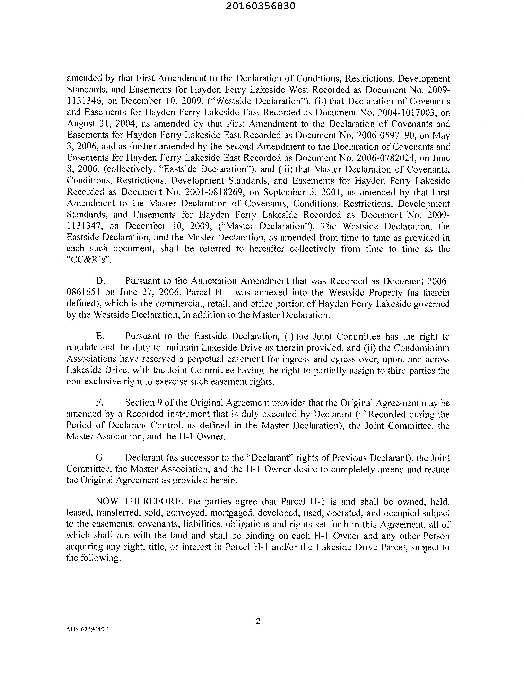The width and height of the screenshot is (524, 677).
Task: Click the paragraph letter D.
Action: coord(100,281)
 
